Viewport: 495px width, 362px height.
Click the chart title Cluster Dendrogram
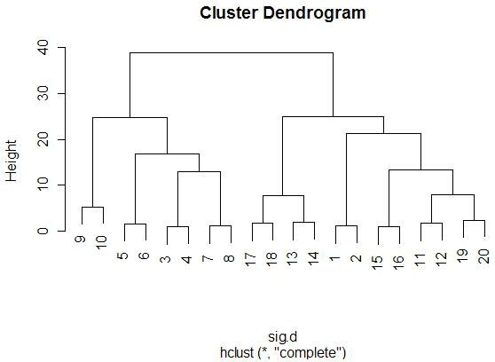point(283,13)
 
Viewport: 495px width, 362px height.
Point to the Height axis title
point(11,161)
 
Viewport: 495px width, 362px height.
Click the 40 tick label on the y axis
point(43,47)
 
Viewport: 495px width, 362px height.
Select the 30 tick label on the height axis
point(43,93)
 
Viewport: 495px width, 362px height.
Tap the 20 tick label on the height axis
point(43,139)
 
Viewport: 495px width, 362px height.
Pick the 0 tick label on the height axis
point(43,231)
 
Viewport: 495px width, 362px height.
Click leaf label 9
point(80,239)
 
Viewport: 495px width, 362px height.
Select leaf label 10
point(101,242)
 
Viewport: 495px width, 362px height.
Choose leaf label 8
point(229,258)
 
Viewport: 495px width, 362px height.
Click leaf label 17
point(251,259)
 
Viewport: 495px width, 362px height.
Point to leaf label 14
point(313,258)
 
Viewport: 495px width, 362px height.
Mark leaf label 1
point(334,258)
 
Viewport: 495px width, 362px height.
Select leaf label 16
point(398,263)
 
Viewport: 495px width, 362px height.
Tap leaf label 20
point(483,256)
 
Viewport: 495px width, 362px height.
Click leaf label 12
point(441,259)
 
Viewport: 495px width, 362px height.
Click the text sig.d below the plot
point(283,337)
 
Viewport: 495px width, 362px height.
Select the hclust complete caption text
point(283,352)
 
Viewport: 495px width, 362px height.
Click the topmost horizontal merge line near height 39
point(232,52)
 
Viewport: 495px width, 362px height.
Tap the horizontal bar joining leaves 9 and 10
point(92,208)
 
